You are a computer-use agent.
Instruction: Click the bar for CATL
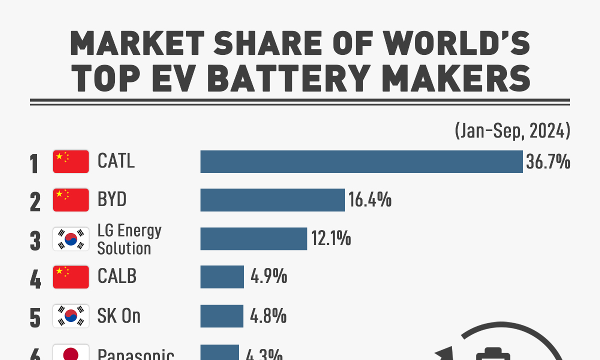[x=361, y=161]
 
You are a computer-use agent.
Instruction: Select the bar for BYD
[x=272, y=200]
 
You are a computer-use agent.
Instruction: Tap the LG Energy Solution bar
[x=253, y=238]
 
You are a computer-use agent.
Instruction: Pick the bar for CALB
[x=222, y=277]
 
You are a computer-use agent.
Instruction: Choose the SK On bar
[x=221, y=316]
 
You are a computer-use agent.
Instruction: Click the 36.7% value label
[x=548, y=162]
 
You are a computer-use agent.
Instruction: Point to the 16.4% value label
[x=370, y=200]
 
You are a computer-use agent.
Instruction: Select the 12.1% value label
[x=331, y=239]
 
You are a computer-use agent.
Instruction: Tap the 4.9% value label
[x=268, y=277]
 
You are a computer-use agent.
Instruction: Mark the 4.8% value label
[x=268, y=316]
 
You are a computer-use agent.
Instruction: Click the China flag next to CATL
[x=71, y=161]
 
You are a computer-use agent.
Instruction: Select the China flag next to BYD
[x=71, y=200]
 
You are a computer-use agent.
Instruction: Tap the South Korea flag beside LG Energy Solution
[x=71, y=239]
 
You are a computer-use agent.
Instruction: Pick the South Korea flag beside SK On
[x=71, y=316]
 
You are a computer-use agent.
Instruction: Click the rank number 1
[x=34, y=163]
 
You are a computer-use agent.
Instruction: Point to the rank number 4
[x=35, y=278]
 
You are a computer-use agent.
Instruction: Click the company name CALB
[x=117, y=276]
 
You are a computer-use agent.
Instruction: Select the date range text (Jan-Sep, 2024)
[x=512, y=131]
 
